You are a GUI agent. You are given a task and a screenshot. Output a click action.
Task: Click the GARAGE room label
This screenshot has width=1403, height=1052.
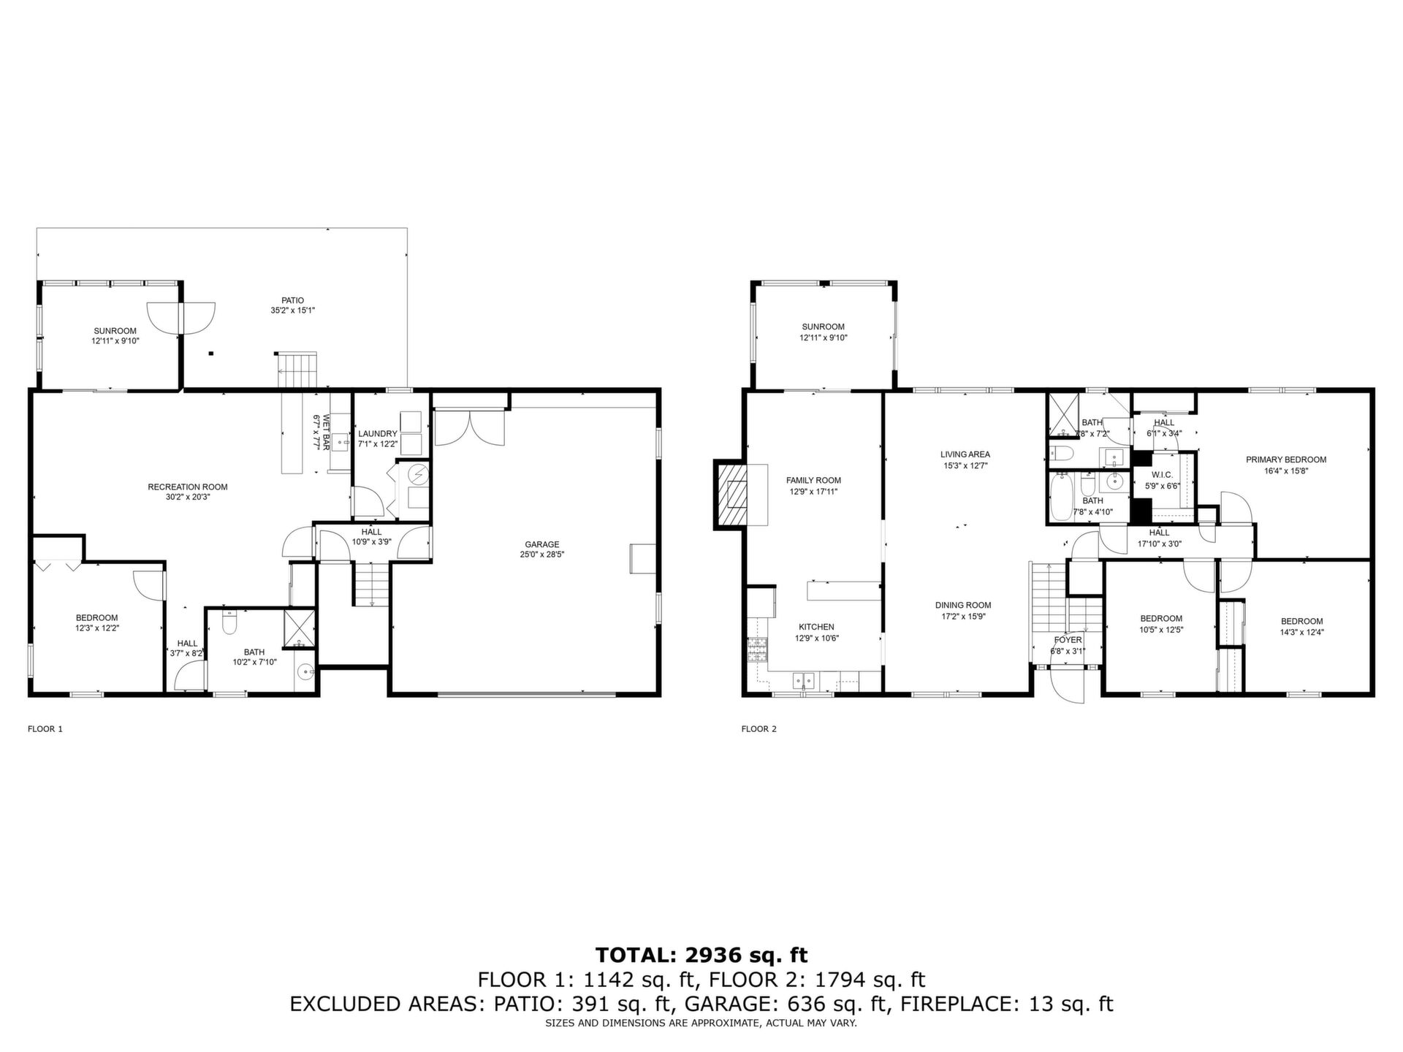tap(541, 544)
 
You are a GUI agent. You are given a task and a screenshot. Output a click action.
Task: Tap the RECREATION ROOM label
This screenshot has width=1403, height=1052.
tap(188, 487)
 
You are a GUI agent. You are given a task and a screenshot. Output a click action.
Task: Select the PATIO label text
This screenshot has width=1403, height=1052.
tap(292, 300)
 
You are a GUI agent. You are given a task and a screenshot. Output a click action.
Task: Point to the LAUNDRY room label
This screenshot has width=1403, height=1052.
tap(378, 434)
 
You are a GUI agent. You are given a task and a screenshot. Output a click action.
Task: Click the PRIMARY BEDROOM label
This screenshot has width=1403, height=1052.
tap(1286, 460)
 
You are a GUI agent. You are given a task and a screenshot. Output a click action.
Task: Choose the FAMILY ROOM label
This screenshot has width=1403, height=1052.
tap(813, 481)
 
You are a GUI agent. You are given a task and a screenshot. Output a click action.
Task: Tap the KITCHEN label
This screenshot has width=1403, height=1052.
tap(816, 627)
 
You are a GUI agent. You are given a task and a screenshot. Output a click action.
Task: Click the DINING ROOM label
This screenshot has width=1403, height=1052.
tap(963, 605)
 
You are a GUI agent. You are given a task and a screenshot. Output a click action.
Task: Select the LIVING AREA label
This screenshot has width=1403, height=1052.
tap(965, 454)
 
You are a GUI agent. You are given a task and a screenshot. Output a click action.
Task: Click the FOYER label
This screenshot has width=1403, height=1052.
tap(1068, 640)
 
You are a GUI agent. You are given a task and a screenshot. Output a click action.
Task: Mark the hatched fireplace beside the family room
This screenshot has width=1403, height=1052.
tap(733, 494)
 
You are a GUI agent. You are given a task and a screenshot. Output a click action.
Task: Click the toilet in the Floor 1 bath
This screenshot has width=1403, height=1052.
tap(229, 622)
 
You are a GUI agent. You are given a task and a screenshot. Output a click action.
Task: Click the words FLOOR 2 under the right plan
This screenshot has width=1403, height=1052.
tap(758, 728)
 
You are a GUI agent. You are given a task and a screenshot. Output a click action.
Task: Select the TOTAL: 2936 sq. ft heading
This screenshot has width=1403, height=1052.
tap(701, 955)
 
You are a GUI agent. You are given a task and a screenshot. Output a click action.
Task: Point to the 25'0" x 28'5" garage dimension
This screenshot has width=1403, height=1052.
tap(541, 554)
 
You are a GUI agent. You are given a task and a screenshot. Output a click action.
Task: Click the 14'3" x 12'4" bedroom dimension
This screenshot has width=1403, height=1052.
tap(1301, 633)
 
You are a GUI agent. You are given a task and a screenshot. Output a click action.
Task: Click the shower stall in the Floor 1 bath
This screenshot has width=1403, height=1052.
tap(300, 628)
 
